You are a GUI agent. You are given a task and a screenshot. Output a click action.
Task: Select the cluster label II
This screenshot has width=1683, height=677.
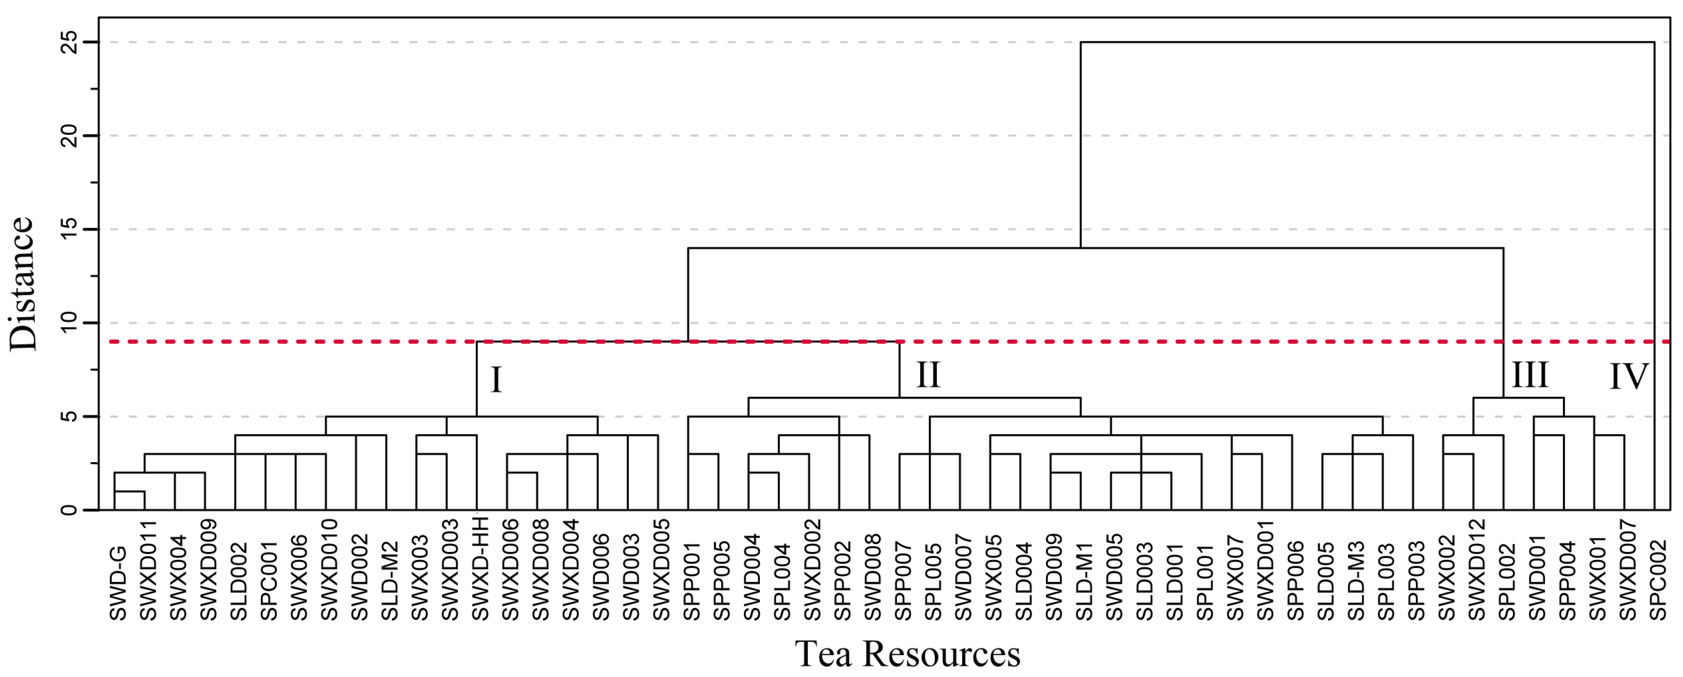928,374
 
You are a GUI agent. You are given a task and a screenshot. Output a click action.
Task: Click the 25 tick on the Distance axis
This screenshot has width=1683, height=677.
69,42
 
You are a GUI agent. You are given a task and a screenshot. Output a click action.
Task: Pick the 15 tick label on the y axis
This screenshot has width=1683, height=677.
69,229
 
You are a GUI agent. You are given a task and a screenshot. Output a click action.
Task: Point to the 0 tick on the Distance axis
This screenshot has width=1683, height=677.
69,510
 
